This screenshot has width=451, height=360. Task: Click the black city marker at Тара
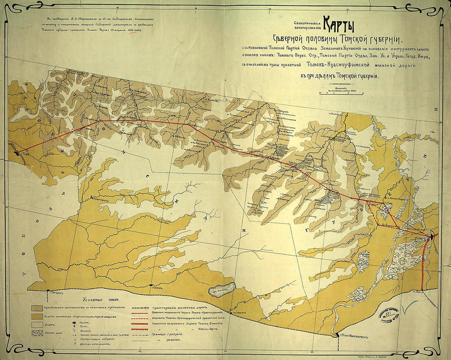pos(17,153)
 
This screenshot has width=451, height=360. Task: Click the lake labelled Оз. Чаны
pos(222,289)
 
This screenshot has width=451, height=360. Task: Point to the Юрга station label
pos(419,292)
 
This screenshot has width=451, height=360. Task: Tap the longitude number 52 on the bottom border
pos(312,351)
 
